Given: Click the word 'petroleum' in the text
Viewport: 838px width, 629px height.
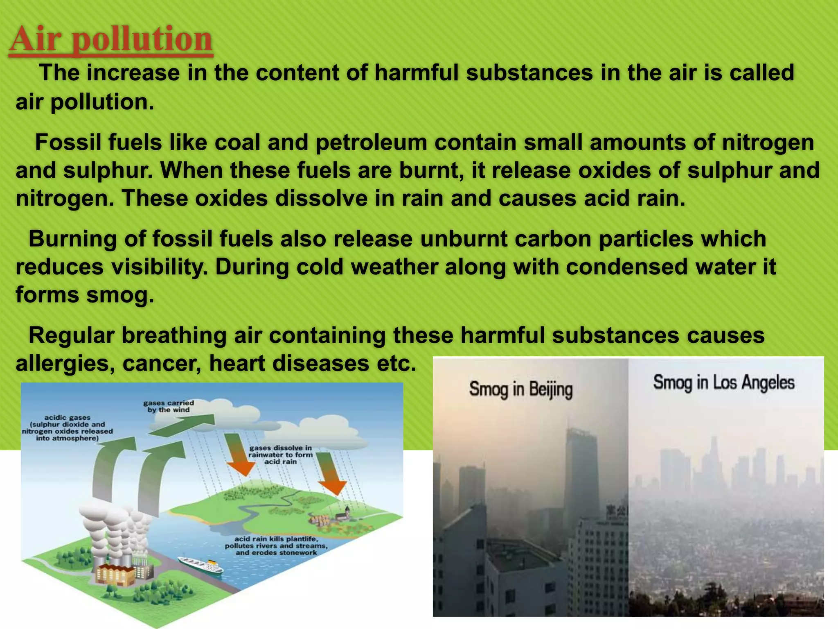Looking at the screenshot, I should [371, 143].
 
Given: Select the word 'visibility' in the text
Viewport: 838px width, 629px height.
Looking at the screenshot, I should [159, 267].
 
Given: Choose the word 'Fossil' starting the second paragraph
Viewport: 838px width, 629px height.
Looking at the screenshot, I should [68, 143].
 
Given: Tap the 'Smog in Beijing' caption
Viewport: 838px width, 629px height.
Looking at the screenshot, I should [520, 389].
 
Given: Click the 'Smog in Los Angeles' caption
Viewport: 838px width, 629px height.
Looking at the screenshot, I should [723, 382].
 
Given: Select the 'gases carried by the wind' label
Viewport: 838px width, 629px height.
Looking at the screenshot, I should [168, 406].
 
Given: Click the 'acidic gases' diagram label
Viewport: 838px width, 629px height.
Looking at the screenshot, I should [68, 428].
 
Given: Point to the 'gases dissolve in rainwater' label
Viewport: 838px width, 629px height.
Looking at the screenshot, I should [281, 455].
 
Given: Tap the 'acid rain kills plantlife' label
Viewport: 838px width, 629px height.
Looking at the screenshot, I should [276, 546].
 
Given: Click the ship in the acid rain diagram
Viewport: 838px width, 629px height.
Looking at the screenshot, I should [200, 566].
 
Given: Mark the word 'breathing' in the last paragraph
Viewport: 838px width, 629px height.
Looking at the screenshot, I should [174, 336].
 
